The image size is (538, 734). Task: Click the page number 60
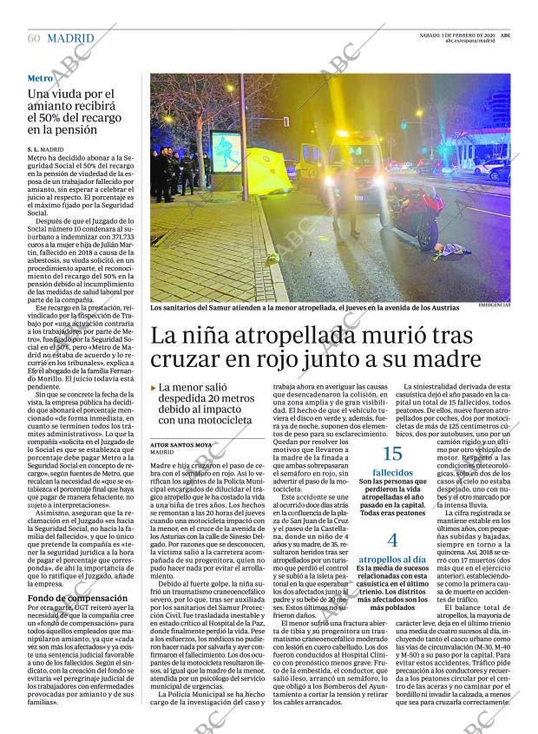click(x=34, y=38)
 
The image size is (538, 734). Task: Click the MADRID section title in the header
click(x=71, y=38)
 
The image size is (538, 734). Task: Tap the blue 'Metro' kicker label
click(x=40, y=78)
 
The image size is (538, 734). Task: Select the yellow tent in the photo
click(x=267, y=170)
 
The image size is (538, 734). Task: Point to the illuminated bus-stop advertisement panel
click(x=226, y=152)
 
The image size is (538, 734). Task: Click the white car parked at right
click(x=492, y=169)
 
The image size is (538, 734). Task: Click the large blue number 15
click(x=392, y=453)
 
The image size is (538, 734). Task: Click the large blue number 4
click(x=392, y=540)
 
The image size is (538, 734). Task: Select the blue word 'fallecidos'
click(x=392, y=473)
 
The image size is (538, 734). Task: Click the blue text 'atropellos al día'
click(x=392, y=560)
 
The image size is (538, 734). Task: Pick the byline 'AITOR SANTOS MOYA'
click(x=181, y=443)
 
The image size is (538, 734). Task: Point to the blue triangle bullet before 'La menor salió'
click(x=154, y=388)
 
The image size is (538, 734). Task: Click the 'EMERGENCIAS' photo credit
click(x=495, y=305)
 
